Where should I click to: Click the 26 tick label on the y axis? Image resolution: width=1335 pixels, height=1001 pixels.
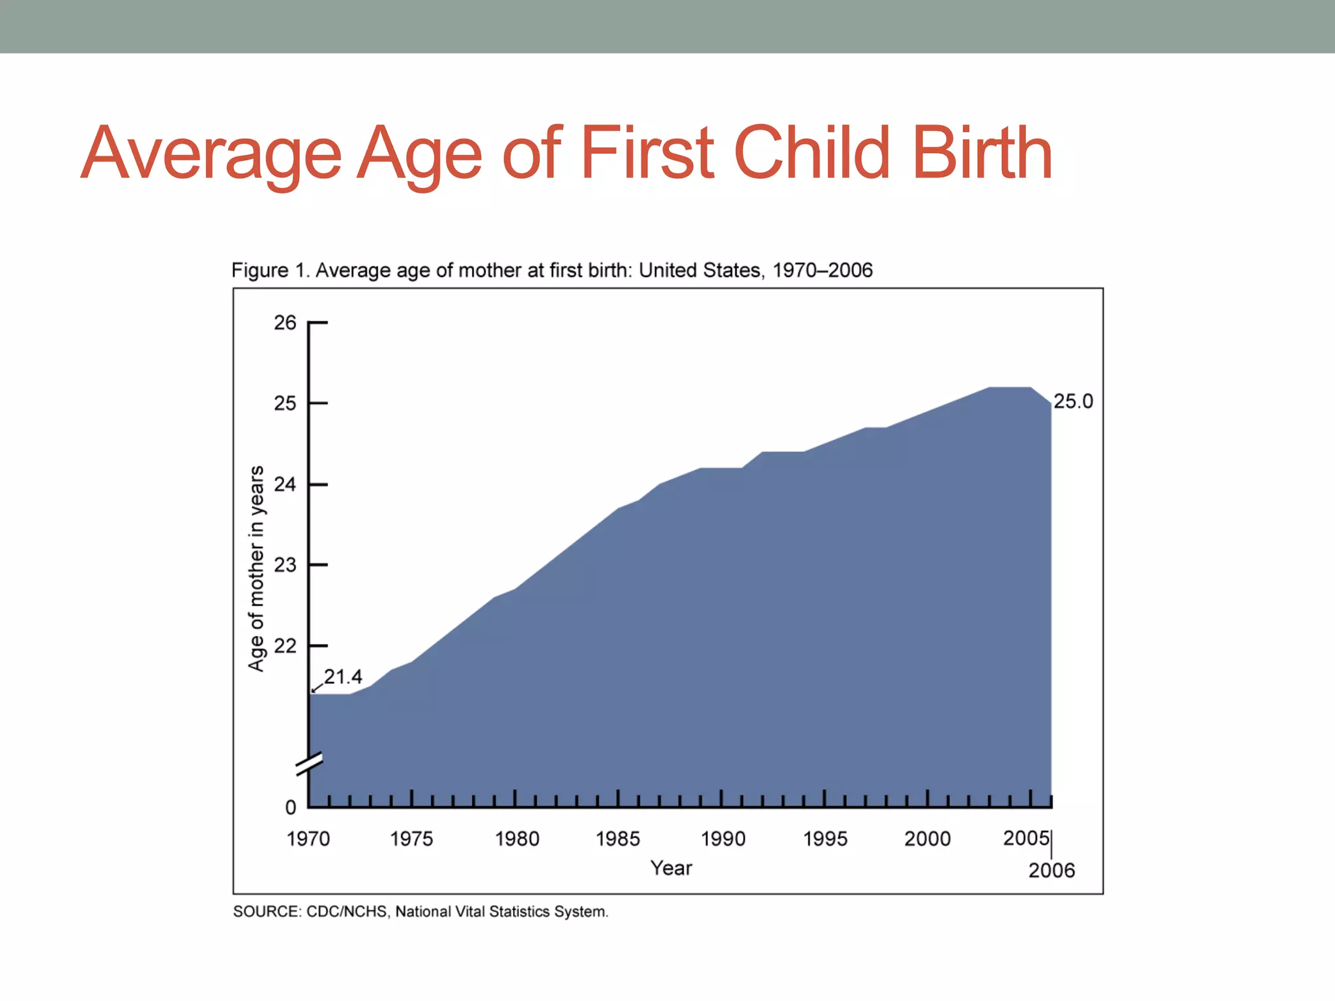click(285, 323)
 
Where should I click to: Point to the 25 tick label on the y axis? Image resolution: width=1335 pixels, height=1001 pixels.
click(285, 403)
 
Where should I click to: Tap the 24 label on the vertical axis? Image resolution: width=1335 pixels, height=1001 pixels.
click(285, 484)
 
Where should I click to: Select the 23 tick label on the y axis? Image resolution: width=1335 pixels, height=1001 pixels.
click(285, 565)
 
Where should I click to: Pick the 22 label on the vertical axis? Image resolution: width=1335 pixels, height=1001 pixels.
click(285, 646)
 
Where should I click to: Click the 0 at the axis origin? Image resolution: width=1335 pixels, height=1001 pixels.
click(291, 807)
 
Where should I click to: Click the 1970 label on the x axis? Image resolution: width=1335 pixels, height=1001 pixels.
click(308, 839)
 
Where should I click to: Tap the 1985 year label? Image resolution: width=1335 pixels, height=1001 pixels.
click(618, 839)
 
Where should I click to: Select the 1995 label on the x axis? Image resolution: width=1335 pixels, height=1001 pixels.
click(825, 839)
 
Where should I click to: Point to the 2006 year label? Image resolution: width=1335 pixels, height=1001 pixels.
click(1051, 871)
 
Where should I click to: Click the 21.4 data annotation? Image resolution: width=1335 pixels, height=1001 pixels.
click(343, 677)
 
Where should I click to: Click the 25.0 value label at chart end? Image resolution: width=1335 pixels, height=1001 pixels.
click(1073, 401)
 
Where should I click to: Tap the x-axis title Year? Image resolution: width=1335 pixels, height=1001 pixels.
click(671, 868)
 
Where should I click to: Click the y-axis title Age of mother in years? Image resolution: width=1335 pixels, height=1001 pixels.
click(256, 568)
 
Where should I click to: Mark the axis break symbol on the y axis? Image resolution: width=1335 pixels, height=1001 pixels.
click(309, 764)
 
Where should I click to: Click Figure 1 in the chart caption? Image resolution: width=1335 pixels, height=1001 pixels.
click(268, 270)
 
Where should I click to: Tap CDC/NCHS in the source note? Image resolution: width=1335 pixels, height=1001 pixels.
click(346, 912)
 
